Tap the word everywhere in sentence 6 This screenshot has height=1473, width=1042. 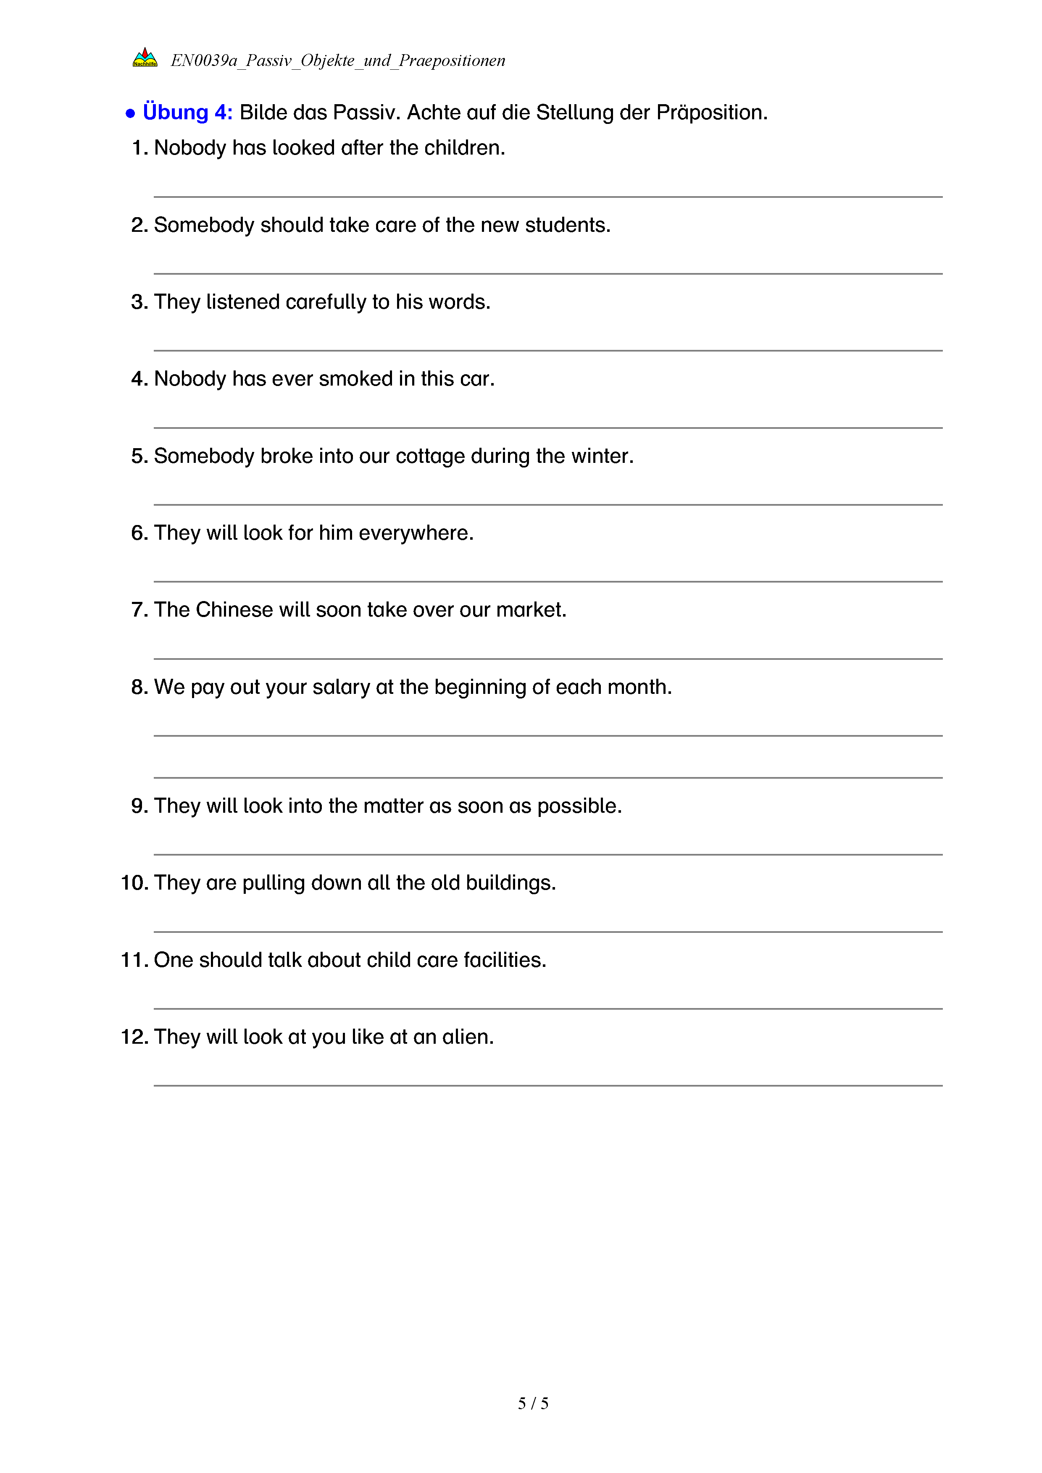pos(416,533)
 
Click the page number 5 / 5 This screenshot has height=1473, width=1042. pos(532,1403)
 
